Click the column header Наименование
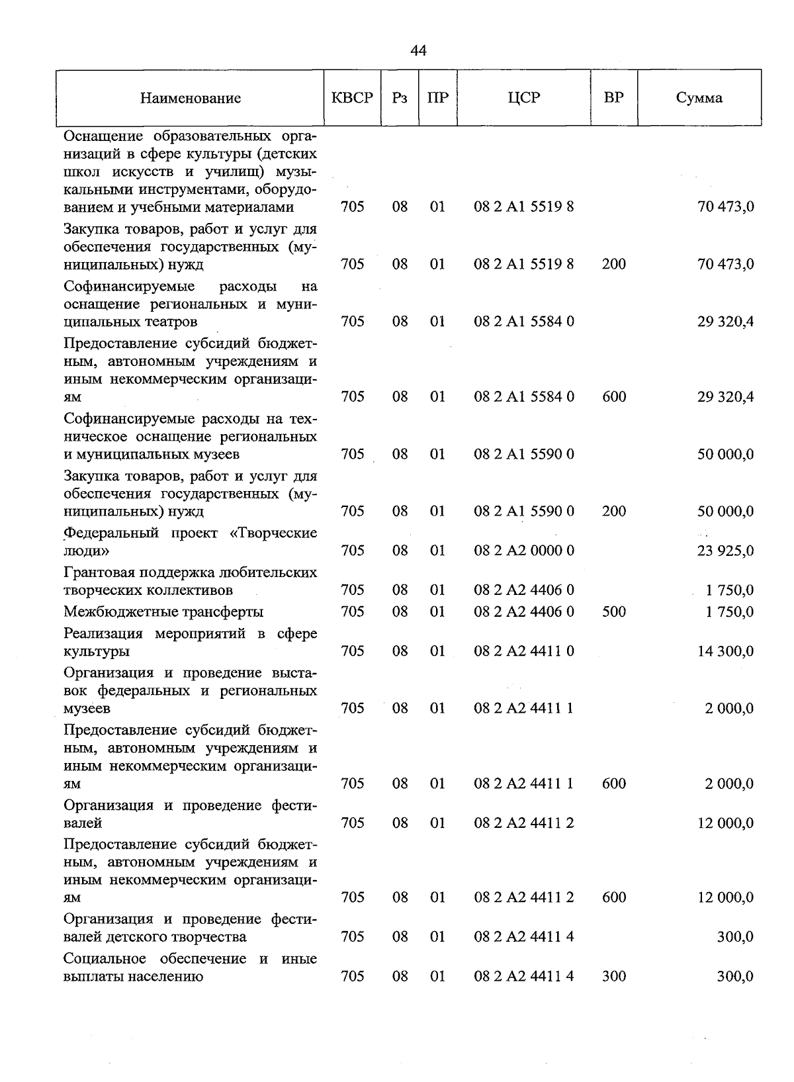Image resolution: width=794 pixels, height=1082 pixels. (x=190, y=99)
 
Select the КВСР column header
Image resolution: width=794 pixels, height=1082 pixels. (x=352, y=98)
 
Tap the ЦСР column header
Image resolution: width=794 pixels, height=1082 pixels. (x=523, y=98)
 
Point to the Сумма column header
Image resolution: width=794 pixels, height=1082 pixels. (x=699, y=98)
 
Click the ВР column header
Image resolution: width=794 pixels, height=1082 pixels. (x=613, y=98)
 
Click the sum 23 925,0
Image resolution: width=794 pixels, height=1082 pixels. (x=725, y=551)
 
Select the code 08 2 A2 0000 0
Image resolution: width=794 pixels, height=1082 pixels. (x=523, y=551)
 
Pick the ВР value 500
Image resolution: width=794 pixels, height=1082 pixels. (x=613, y=611)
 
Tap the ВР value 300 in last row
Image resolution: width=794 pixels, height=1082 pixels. (x=613, y=976)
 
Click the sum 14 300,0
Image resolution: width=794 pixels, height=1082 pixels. (x=725, y=651)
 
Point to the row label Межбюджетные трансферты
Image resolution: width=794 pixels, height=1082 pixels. (x=163, y=611)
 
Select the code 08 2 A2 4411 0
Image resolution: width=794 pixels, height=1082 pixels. (x=523, y=651)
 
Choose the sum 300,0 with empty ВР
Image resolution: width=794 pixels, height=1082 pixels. (x=735, y=937)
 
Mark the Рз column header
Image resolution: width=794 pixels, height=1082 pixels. (x=399, y=98)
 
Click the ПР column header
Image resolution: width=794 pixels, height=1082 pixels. (x=437, y=98)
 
